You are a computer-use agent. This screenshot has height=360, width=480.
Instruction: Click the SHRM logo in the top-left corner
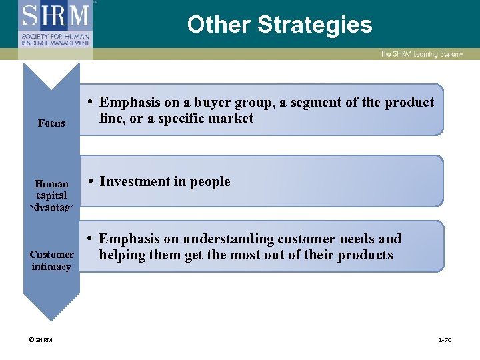(x=55, y=25)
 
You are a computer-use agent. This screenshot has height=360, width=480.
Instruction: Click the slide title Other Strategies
(x=279, y=25)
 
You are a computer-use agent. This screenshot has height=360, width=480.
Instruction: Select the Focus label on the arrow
(x=51, y=123)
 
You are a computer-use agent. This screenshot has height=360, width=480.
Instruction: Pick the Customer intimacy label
(x=51, y=261)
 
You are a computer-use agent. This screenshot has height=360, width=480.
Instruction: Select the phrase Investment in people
(x=165, y=182)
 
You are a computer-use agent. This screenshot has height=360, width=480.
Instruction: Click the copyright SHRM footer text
(x=41, y=340)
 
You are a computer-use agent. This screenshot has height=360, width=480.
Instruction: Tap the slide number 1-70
(x=445, y=340)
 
